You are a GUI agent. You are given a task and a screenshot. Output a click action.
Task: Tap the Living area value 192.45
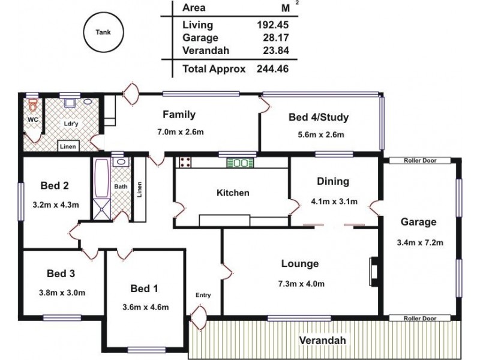click(x=271, y=25)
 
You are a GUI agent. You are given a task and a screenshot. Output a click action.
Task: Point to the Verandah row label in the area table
click(x=206, y=51)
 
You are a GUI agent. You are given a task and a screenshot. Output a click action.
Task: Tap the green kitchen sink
click(x=241, y=162)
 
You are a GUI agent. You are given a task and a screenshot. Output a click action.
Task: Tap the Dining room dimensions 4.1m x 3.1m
click(x=334, y=202)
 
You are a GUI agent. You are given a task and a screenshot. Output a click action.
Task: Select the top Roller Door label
click(x=419, y=161)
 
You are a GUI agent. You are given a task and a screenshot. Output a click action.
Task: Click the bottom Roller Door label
click(x=419, y=319)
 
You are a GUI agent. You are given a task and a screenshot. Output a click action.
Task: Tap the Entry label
click(x=203, y=295)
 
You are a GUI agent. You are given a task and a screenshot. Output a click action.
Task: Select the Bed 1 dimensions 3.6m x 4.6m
click(x=145, y=307)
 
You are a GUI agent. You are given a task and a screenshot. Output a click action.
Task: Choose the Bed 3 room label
click(x=61, y=274)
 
